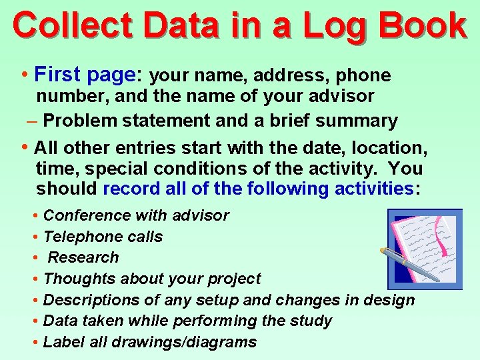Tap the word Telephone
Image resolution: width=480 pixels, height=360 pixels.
(x=81, y=237)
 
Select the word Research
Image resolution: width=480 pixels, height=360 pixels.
(x=83, y=257)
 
